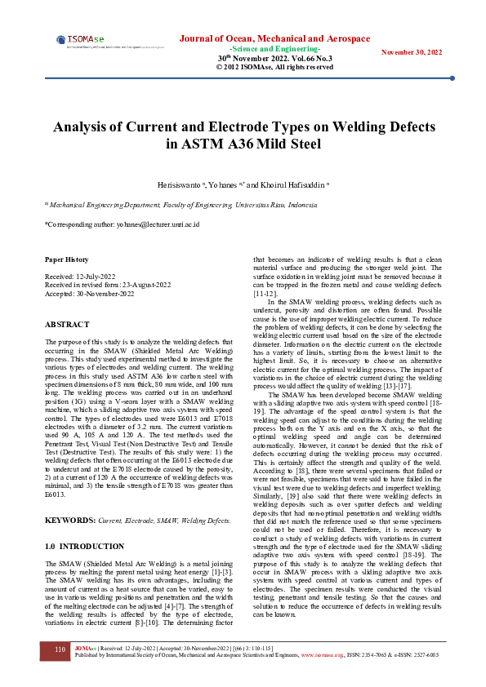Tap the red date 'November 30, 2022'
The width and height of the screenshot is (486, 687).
(412, 52)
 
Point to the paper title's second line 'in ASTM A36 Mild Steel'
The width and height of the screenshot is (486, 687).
(243, 144)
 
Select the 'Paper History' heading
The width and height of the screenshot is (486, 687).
(66, 259)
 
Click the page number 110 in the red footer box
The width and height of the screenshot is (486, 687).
(60, 649)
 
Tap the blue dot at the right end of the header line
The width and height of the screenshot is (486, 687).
(453, 78)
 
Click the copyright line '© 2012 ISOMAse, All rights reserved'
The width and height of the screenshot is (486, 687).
(274, 67)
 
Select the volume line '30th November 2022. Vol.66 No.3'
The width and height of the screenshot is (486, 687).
(274, 59)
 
